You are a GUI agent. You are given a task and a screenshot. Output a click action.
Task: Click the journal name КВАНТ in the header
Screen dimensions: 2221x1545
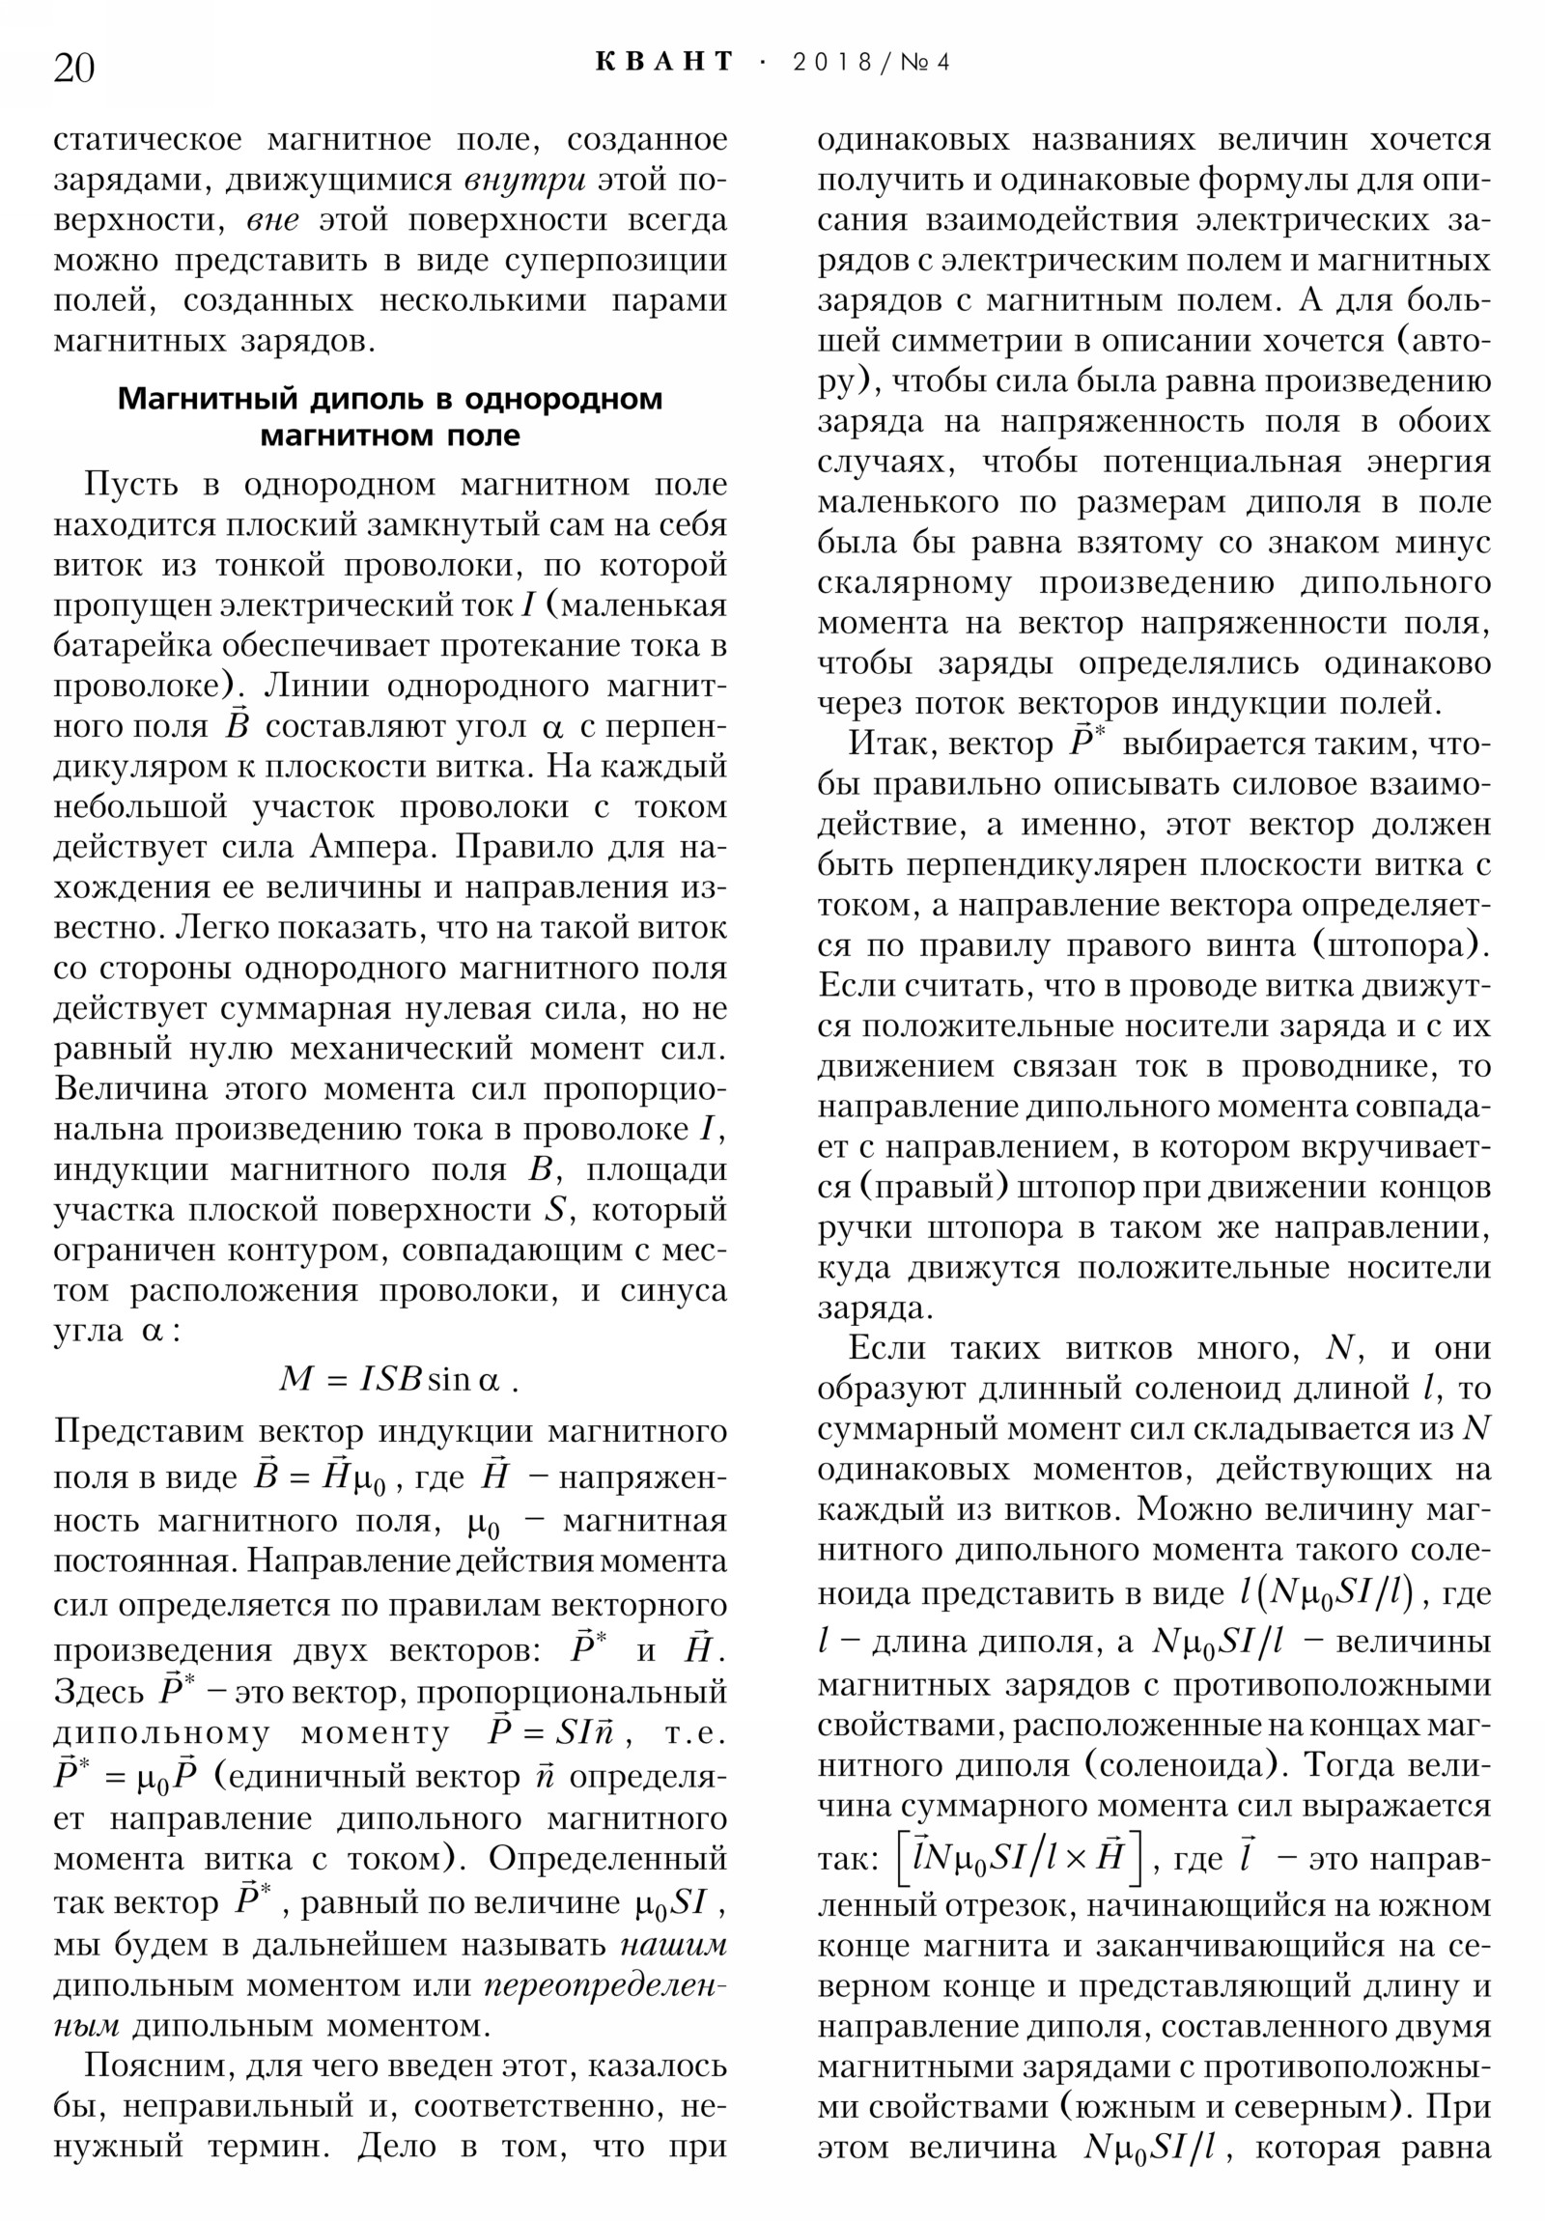664,63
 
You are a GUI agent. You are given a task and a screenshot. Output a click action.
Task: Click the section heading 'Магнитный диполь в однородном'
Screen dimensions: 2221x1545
390,399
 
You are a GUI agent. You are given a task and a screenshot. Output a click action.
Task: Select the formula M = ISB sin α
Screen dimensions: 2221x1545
398,1378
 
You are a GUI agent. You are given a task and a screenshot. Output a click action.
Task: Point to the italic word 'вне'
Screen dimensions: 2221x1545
273,220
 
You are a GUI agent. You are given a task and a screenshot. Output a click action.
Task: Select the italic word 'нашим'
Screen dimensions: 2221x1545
672,1943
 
